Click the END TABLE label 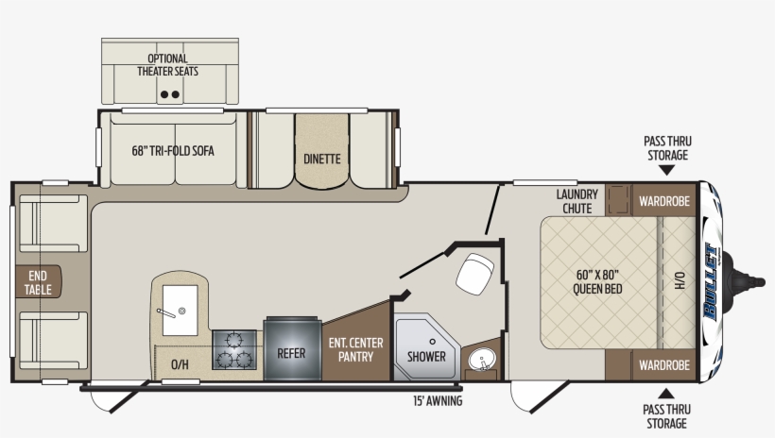pyautogui.click(x=38, y=282)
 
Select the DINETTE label pyautogui.click(x=321, y=159)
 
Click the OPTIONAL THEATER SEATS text pyautogui.click(x=167, y=64)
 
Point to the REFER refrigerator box pyautogui.click(x=291, y=355)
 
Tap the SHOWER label pyautogui.click(x=426, y=357)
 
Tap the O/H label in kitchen pyautogui.click(x=180, y=364)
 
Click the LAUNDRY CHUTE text pyautogui.click(x=577, y=201)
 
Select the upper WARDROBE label pyautogui.click(x=663, y=201)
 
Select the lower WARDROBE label pyautogui.click(x=663, y=364)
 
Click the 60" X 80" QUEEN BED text pyautogui.click(x=597, y=282)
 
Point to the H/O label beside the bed pyautogui.click(x=679, y=281)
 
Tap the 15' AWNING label pyautogui.click(x=437, y=401)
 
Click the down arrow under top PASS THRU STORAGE pyautogui.click(x=666, y=171)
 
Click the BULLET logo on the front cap pyautogui.click(x=716, y=282)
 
